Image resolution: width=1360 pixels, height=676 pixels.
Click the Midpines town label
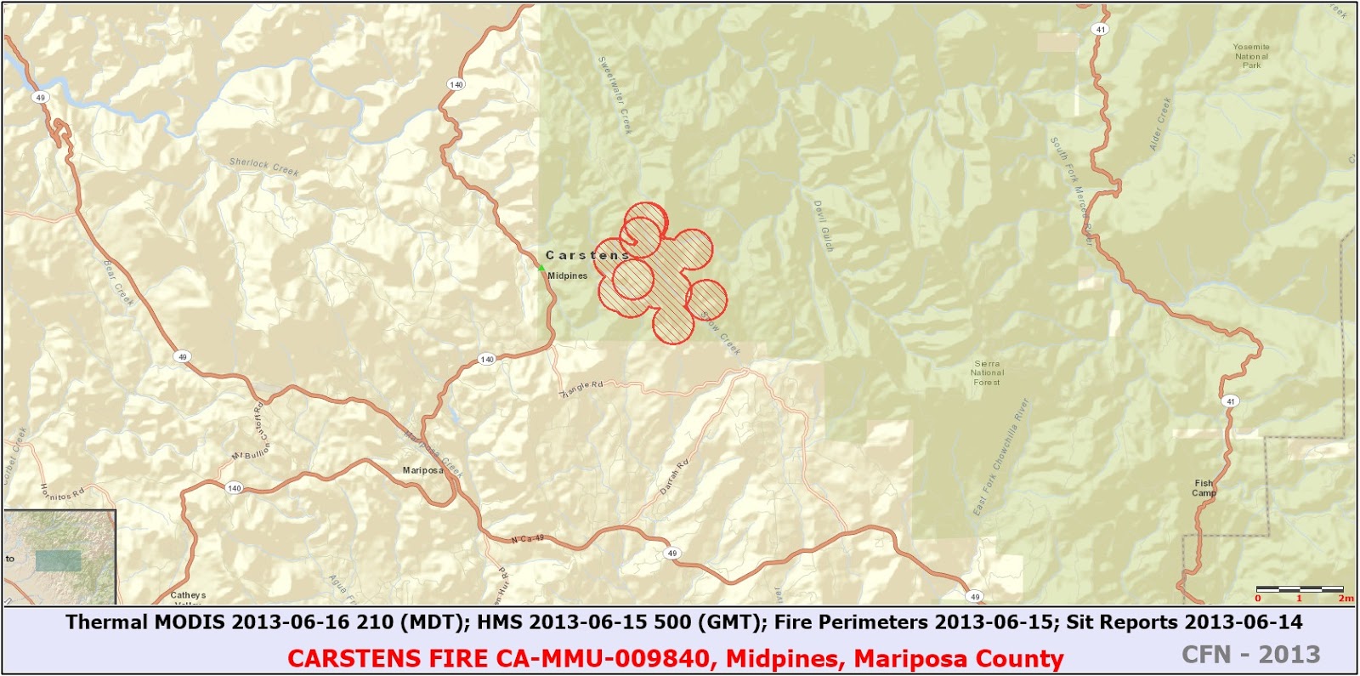point(567,276)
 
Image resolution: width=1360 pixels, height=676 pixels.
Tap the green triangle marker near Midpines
point(541,268)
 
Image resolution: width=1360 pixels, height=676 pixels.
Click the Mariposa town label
point(422,470)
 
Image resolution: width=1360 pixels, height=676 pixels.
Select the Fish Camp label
point(1204,488)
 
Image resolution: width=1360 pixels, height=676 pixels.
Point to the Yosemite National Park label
point(1251,56)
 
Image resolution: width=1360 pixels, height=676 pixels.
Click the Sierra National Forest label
point(987,373)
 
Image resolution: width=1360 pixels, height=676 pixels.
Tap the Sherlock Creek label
point(263,167)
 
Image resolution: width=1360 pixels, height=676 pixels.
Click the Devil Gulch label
point(824,226)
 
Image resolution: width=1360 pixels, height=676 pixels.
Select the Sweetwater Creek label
point(615,94)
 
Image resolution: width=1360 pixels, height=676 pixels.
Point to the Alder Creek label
point(1160,124)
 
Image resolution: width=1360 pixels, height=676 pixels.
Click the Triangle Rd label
point(582,389)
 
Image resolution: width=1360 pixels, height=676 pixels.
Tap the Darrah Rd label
point(674,477)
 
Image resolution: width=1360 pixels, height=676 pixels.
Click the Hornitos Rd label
point(62,492)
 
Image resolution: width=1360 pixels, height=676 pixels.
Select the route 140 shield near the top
point(456,84)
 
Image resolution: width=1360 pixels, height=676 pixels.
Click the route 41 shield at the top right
point(1101,29)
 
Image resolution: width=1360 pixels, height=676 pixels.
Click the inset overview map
point(59,557)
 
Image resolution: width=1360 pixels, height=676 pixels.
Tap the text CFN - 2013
point(1250,655)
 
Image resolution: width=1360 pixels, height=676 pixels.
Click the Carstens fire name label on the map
point(586,255)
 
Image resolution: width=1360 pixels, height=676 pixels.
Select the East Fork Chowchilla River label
point(1000,457)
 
